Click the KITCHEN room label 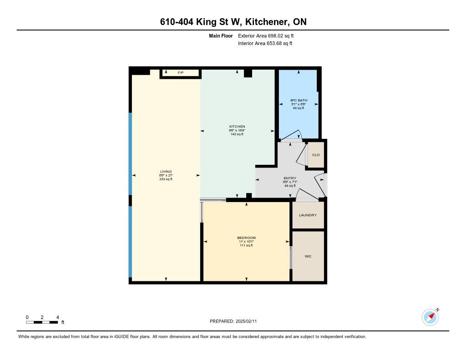[x=237, y=127]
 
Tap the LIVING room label [x=166, y=172]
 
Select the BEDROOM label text [x=246, y=238]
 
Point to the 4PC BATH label [x=299, y=101]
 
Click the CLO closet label [x=316, y=155]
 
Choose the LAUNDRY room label [x=308, y=215]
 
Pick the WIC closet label [x=308, y=256]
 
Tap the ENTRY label [x=290, y=178]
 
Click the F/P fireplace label [x=181, y=73]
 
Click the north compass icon [x=431, y=317]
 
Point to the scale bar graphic [x=42, y=322]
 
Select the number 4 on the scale [x=58, y=317]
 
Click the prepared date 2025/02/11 [x=246, y=321]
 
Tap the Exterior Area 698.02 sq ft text [x=266, y=36]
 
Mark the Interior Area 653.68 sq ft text [x=265, y=43]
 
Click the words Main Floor [x=221, y=36]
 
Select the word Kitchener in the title [x=266, y=22]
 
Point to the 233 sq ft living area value [x=166, y=179]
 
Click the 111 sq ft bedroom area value [x=246, y=246]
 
